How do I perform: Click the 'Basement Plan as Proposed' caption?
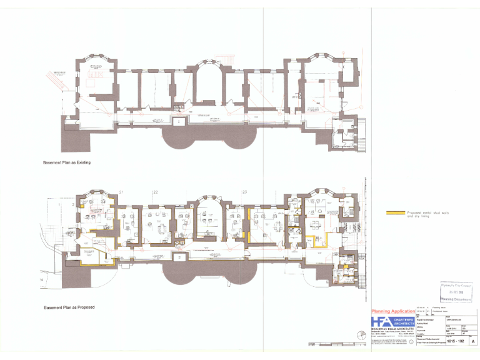coord(68,307)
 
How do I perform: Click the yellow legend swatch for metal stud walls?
coord(396,213)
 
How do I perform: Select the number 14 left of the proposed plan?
coord(42,279)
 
